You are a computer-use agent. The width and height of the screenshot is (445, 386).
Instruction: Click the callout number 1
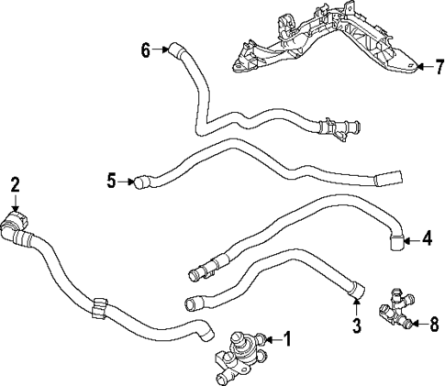tap(286, 339)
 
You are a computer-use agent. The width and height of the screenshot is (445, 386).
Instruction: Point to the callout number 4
tap(427, 240)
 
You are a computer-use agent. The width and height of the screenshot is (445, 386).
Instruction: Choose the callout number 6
tap(145, 50)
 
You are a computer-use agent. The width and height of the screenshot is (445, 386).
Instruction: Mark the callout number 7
tap(438, 67)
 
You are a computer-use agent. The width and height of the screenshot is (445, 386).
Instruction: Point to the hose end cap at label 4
tap(396, 240)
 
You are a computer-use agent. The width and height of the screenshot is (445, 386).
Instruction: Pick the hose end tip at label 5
tap(139, 182)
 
